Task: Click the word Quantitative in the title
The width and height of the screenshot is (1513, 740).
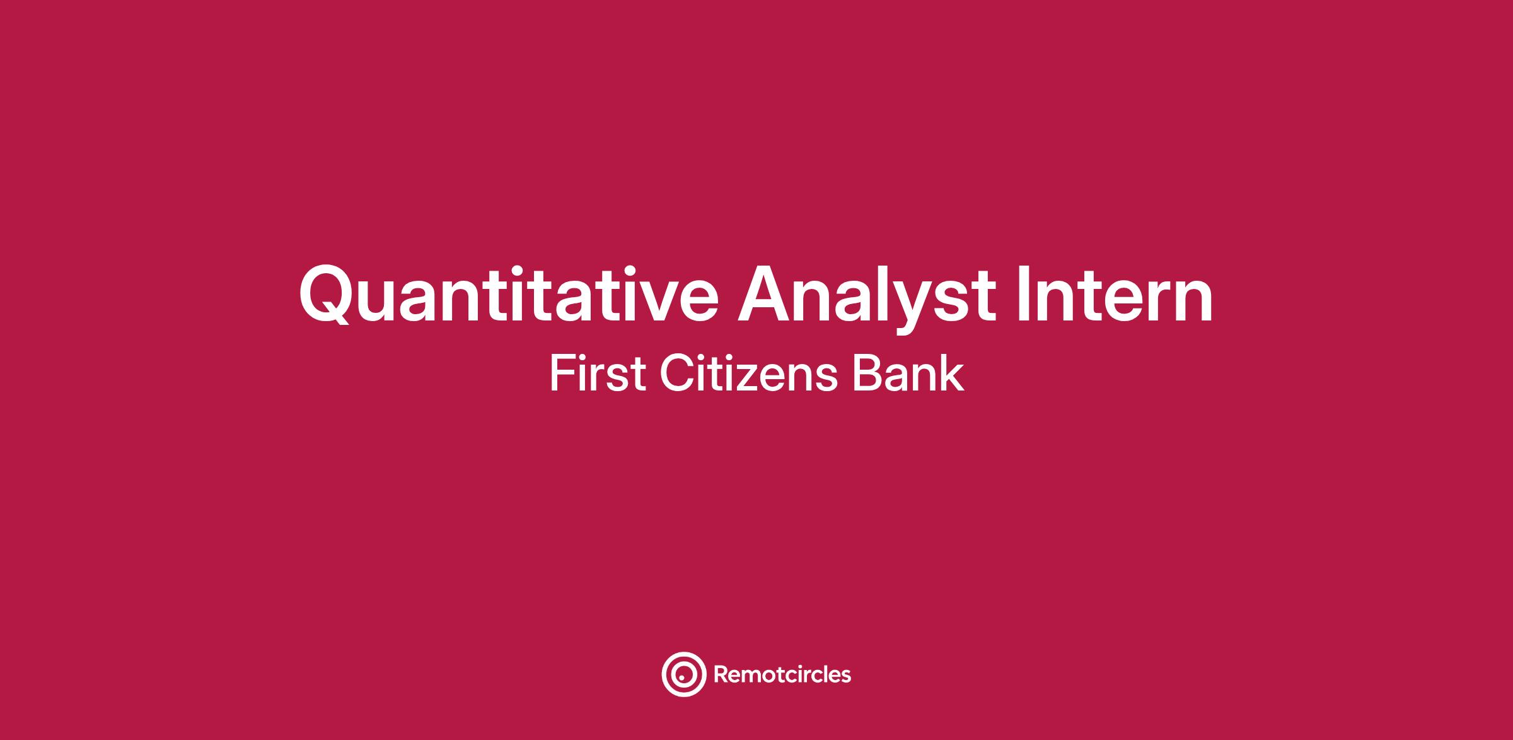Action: [509, 294]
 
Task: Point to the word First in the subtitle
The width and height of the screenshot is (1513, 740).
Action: [598, 373]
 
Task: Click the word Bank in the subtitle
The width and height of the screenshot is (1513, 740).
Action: [908, 373]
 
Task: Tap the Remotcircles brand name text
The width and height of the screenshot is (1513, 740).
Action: [782, 675]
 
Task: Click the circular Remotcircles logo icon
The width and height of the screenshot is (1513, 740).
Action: [663, 675]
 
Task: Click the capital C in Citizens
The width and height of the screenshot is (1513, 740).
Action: [676, 373]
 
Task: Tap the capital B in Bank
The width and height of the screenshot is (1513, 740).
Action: [868, 373]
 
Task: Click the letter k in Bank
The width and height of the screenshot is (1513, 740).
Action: [952, 373]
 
